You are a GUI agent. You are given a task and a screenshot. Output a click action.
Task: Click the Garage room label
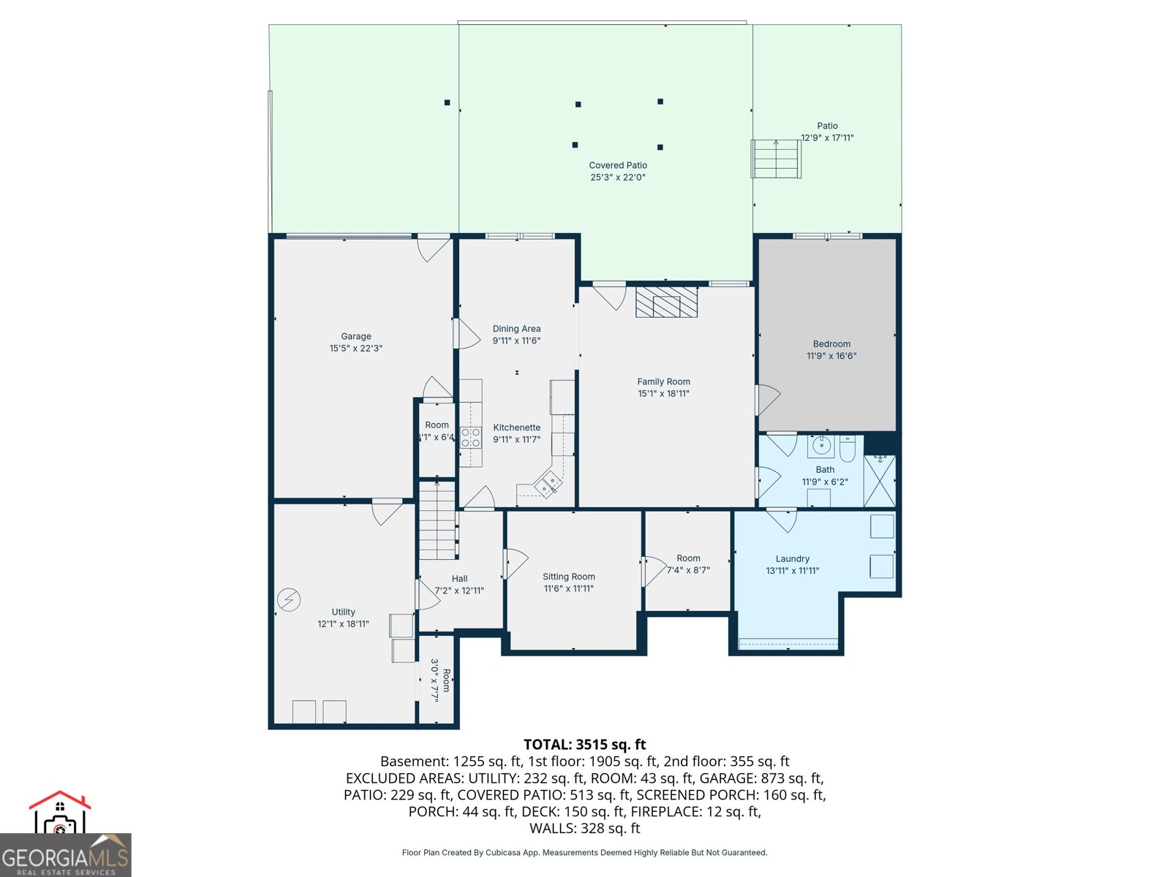[x=356, y=337]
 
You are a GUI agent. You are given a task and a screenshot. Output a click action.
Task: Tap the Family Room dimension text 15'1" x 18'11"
[x=663, y=394]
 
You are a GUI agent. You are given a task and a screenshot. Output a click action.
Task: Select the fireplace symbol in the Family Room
[x=666, y=303]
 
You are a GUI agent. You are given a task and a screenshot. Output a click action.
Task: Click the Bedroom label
[x=831, y=344]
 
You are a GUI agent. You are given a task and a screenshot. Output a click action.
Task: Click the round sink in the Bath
[x=821, y=445]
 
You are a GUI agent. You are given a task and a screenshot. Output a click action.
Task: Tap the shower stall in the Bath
[x=880, y=481]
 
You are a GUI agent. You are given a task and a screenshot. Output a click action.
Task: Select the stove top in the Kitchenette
[x=471, y=438]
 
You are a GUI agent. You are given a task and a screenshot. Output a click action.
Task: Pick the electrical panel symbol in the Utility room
[x=289, y=600]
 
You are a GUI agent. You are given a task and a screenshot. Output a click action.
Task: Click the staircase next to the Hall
[x=437, y=520]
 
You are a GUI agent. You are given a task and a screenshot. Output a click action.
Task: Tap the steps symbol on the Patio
[x=776, y=159]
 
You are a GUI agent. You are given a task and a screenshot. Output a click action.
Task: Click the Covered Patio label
[x=618, y=165]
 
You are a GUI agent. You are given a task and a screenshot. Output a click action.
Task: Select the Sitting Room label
[x=568, y=577]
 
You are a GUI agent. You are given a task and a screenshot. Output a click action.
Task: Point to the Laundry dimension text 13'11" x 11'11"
[x=792, y=572]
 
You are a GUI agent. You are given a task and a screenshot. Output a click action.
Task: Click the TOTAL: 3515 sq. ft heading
[x=584, y=745]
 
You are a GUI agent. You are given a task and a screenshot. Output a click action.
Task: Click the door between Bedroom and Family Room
[x=766, y=400]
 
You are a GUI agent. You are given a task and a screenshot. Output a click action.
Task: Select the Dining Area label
[x=516, y=329]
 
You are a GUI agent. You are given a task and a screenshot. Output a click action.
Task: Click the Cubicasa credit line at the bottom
[x=584, y=853]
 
